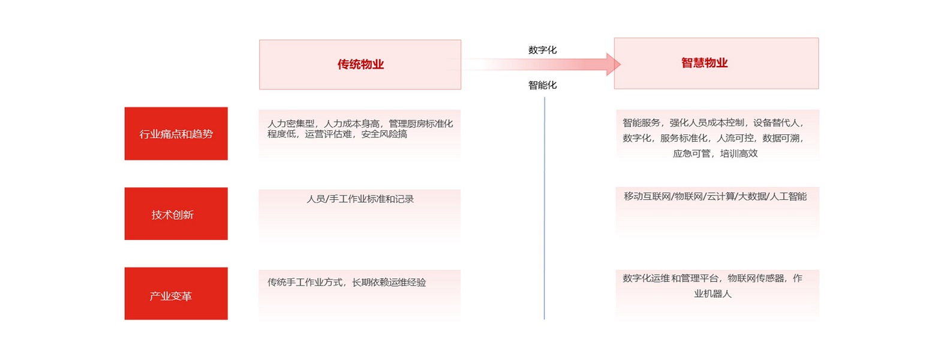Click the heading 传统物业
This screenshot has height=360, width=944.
tap(360, 64)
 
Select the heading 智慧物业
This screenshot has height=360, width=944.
tap(704, 63)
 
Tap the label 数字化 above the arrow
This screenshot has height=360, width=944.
tap(542, 50)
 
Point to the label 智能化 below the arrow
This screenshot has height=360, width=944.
tap(542, 85)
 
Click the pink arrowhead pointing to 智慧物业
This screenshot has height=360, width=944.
tap(613, 64)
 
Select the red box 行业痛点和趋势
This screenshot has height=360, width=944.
tap(176, 134)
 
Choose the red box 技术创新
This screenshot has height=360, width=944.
tap(176, 214)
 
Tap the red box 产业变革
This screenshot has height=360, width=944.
tap(176, 293)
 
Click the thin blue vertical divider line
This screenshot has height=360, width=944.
tap(544, 208)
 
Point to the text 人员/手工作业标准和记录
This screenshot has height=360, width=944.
tap(360, 199)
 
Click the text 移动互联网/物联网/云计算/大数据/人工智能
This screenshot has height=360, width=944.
tap(715, 196)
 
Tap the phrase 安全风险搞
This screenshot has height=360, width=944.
tap(384, 134)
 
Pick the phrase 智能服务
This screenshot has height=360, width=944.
tap(641, 122)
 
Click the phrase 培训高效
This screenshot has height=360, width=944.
tap(739, 154)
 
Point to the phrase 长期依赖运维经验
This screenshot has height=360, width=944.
tap(389, 282)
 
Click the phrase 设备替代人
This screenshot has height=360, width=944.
tap(776, 122)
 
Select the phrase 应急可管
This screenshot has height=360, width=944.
tap(692, 154)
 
